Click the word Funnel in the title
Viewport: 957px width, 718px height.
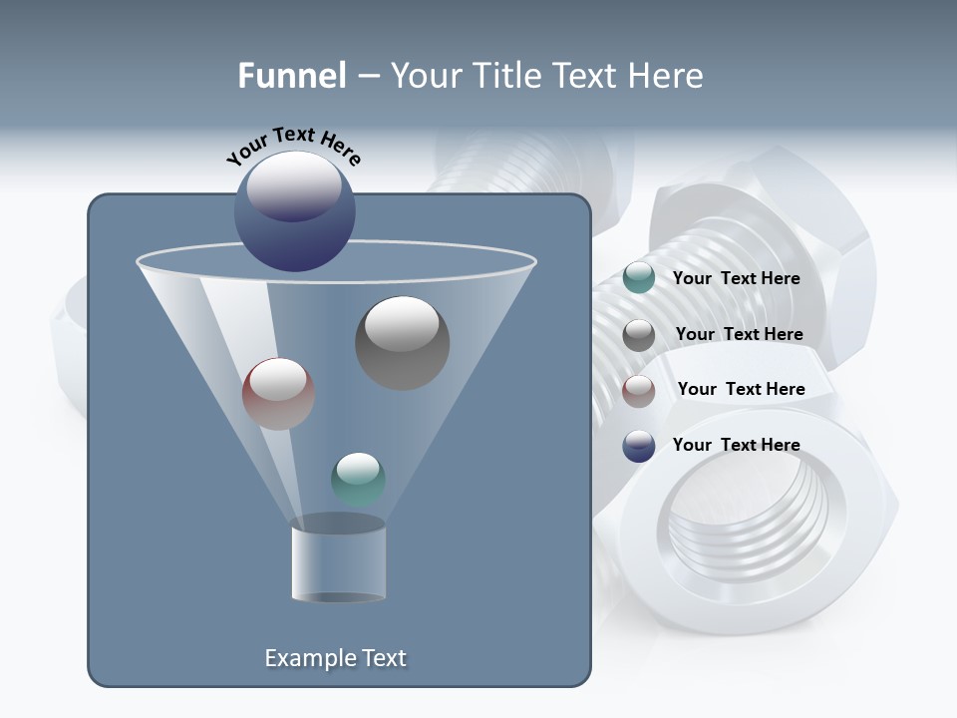coord(291,76)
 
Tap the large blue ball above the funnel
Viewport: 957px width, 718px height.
coord(294,210)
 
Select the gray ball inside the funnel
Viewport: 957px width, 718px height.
coord(402,342)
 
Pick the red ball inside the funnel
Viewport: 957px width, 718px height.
coord(278,394)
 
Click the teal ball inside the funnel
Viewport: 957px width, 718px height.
coord(358,479)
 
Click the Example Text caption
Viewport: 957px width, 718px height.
coord(335,658)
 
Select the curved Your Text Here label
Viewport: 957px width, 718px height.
coord(294,146)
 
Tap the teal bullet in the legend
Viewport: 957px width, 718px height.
coord(638,278)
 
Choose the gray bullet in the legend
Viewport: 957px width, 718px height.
coord(638,335)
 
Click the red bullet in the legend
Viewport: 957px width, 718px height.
coord(638,390)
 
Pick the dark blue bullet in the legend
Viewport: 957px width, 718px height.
coord(638,446)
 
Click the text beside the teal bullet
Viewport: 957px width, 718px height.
coord(736,279)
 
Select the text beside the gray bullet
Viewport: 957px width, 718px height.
coord(739,335)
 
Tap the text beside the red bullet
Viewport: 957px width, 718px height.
coord(741,390)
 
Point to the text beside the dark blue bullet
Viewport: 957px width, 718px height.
coord(736,446)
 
